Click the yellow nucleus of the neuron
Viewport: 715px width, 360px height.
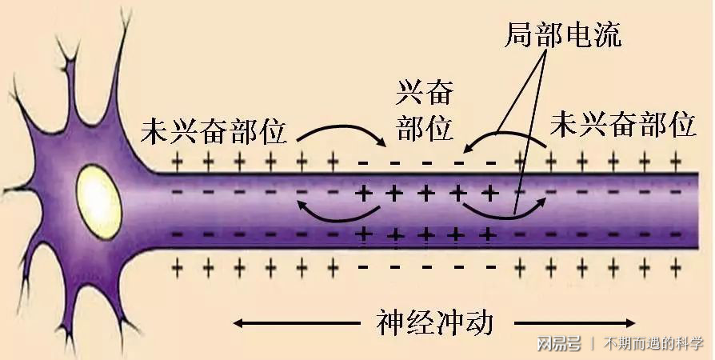[98, 202]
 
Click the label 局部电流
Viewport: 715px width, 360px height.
[563, 34]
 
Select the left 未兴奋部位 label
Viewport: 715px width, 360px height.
[214, 131]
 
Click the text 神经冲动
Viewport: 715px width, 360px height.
[435, 323]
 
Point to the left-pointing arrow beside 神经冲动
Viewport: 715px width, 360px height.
[297, 323]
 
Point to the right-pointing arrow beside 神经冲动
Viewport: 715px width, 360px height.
[574, 323]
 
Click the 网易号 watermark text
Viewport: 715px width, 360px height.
[558, 343]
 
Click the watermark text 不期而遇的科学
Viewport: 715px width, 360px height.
[653, 343]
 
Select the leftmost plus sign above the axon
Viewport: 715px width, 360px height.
[178, 161]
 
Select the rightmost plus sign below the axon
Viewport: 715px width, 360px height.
[675, 268]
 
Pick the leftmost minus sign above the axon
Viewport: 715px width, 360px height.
[363, 162]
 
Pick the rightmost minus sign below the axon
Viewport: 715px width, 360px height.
[491, 266]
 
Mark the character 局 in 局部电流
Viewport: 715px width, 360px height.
[519, 34]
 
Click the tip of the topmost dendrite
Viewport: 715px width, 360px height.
[126, 11]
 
